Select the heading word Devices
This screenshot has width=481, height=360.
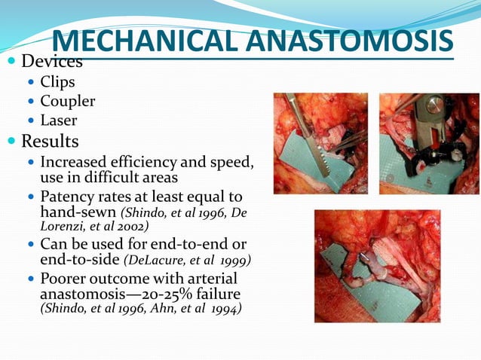tap(52, 61)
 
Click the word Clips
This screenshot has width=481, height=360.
tap(57, 82)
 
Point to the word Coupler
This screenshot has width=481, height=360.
tap(67, 101)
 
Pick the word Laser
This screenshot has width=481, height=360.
tap(59, 120)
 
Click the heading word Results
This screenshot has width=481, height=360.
tap(50, 141)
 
